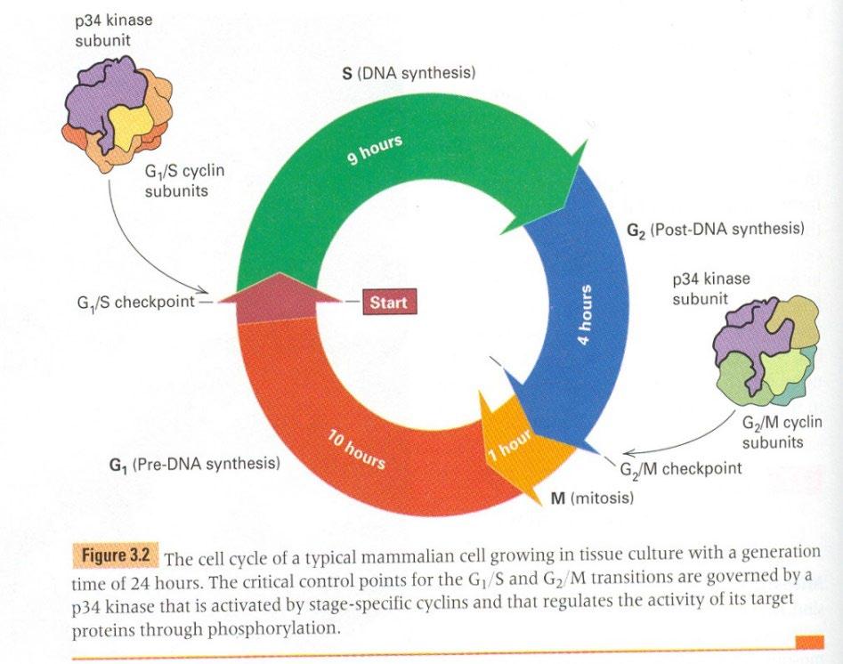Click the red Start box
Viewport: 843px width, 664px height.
click(387, 303)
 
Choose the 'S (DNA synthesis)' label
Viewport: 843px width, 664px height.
click(409, 72)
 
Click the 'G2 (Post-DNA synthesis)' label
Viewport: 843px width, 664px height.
click(715, 230)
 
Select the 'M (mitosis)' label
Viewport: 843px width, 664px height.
click(592, 498)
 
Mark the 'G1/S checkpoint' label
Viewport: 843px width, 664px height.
click(135, 302)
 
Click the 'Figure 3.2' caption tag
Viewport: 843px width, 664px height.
click(114, 556)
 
